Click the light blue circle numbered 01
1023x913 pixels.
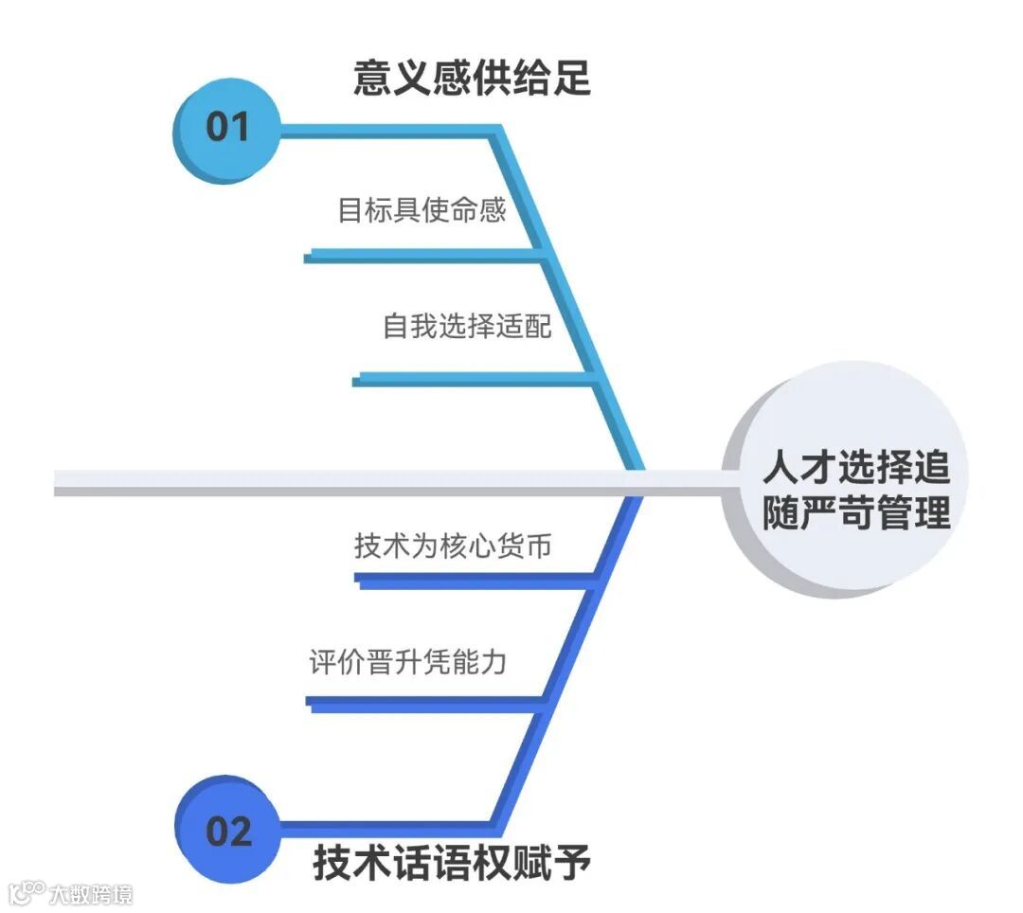225,128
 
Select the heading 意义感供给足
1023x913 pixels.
472,78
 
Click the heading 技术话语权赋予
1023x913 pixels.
452,863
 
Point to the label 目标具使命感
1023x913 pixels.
422,209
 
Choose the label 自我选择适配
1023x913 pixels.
467,326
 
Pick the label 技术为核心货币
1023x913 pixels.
453,546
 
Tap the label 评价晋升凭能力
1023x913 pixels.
407,661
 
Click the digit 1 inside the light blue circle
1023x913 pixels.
239,128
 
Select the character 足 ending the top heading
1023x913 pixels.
571,78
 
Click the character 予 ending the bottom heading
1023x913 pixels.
571,863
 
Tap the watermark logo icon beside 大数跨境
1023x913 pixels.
27,892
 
